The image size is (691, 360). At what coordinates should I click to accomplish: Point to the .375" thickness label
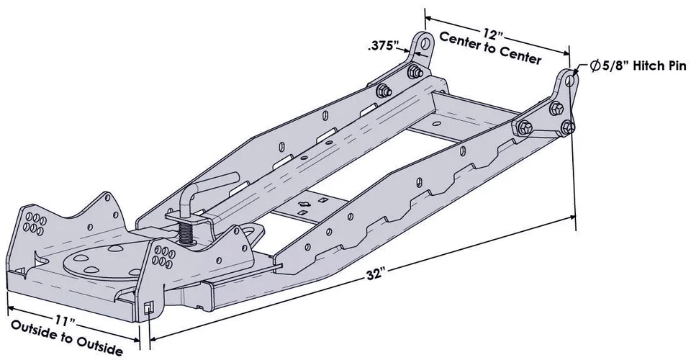(383, 46)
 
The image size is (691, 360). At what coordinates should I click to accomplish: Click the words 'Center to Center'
(489, 48)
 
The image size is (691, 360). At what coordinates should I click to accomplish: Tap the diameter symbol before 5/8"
(595, 66)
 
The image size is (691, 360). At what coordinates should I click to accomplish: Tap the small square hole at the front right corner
(147, 308)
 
